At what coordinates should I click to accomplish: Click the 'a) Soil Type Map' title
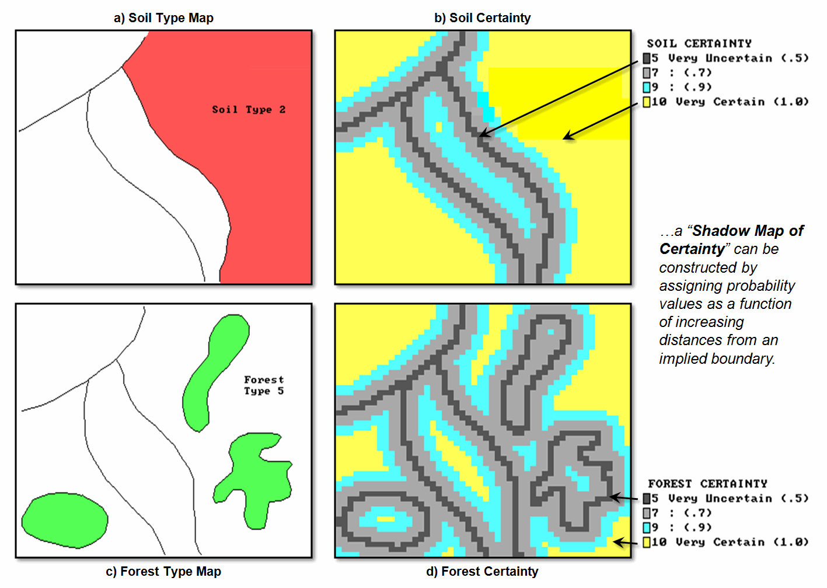tap(163, 18)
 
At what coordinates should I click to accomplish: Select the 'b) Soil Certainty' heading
tap(483, 18)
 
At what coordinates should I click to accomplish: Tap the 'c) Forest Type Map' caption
tap(163, 571)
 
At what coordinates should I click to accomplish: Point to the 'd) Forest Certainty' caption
tap(482, 571)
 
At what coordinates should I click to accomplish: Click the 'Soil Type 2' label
tap(249, 110)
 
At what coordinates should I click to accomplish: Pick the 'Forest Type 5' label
tap(264, 385)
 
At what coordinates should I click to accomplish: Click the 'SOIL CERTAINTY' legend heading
tap(699, 44)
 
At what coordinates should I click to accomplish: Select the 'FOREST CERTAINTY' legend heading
tap(708, 483)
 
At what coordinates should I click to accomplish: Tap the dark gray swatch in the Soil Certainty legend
tap(647, 58)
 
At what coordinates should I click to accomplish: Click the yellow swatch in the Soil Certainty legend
tap(647, 102)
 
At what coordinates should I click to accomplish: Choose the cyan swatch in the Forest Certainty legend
tap(647, 527)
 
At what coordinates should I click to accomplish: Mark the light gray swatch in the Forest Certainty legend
tap(647, 513)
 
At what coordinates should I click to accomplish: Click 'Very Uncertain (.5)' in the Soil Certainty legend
tap(738, 58)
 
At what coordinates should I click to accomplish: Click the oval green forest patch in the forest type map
tap(65, 520)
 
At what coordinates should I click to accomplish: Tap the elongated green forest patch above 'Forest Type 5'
tap(215, 373)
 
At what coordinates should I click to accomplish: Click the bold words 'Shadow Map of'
tap(748, 231)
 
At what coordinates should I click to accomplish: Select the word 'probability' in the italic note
tap(763, 286)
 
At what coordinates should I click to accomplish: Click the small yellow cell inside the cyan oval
tap(385, 519)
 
